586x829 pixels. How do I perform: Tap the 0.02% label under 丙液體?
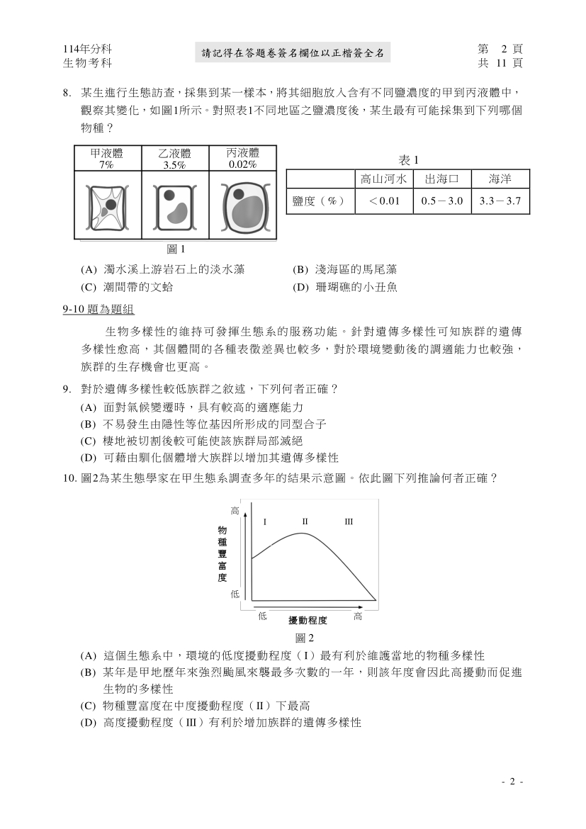point(242,164)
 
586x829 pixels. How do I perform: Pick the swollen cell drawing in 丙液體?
point(242,207)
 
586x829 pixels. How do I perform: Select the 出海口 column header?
point(441,179)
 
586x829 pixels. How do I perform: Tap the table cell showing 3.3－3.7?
point(500,201)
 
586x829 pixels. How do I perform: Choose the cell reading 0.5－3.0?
point(441,201)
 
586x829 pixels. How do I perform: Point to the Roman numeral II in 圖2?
point(305,522)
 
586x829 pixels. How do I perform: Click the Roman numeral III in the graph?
point(349,522)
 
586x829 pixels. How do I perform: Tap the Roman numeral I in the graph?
point(264,522)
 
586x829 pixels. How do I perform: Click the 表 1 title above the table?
point(409,159)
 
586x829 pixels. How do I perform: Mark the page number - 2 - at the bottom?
point(512,782)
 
